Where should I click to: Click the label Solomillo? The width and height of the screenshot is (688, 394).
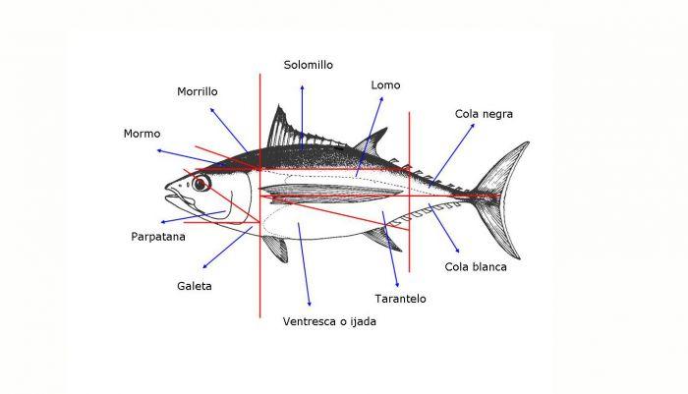click(x=309, y=65)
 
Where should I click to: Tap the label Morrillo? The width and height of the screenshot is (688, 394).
click(x=198, y=91)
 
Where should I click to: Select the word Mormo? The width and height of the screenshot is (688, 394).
click(x=142, y=134)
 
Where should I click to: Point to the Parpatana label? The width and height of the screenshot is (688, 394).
click(x=160, y=237)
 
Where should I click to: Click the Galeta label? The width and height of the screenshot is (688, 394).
click(x=195, y=286)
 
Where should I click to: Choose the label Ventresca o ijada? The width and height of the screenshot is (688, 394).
click(x=329, y=321)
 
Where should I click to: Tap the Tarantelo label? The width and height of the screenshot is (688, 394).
click(x=400, y=298)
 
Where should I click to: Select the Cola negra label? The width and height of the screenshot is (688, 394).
click(x=484, y=114)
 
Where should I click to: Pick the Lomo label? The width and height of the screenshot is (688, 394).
click(x=385, y=85)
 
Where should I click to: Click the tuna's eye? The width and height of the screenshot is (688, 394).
click(x=201, y=184)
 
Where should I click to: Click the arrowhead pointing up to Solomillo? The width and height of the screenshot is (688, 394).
click(x=302, y=87)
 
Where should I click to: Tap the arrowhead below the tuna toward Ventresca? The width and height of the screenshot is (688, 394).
click(x=310, y=302)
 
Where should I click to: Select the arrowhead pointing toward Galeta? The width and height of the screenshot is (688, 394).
click(x=204, y=267)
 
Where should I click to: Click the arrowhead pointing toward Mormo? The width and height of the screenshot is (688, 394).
click(x=158, y=150)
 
